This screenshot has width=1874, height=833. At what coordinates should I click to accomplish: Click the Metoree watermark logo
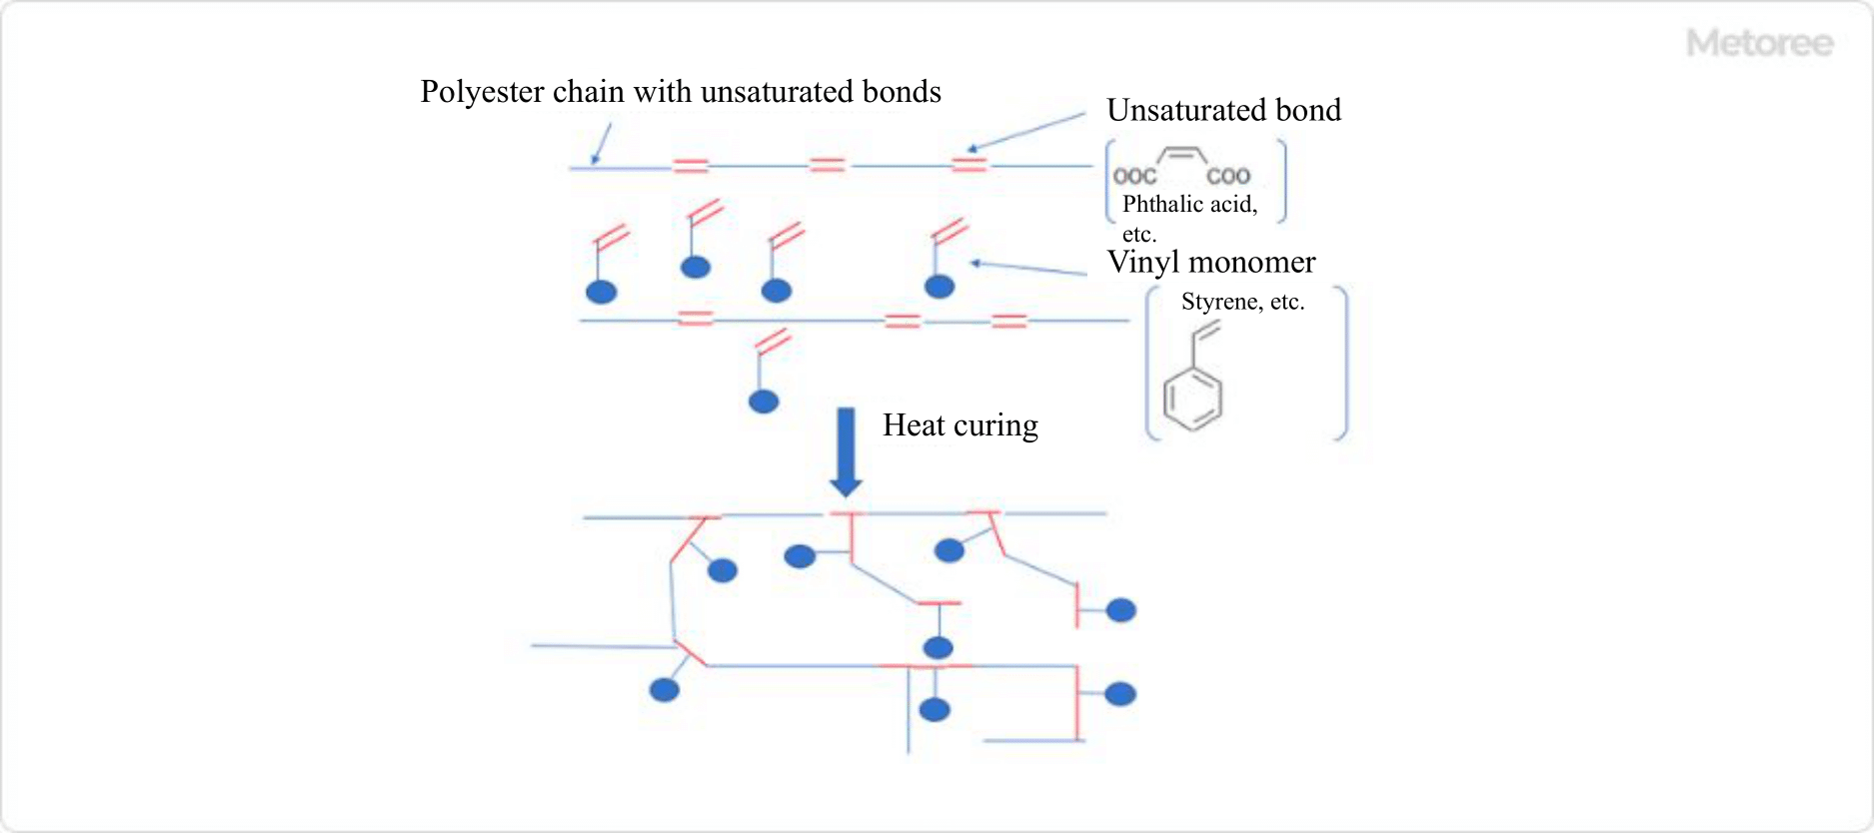click(x=1759, y=43)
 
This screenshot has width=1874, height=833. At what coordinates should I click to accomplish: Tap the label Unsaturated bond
click(x=1223, y=110)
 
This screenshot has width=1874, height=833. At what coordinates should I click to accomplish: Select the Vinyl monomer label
click(x=1211, y=262)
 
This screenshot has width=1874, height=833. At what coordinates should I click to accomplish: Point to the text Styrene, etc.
click(x=1242, y=302)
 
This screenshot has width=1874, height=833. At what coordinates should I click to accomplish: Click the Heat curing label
click(x=959, y=425)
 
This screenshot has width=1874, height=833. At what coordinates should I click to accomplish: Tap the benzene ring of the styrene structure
click(x=1191, y=399)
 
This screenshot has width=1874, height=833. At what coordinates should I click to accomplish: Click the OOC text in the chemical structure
click(x=1134, y=177)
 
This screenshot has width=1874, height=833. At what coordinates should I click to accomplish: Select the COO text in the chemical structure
click(x=1228, y=177)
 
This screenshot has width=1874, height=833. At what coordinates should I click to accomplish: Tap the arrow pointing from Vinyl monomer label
click(x=1028, y=268)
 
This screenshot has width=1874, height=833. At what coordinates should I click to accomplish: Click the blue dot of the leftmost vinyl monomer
click(x=601, y=292)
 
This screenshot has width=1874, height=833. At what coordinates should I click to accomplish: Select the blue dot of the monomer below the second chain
click(x=764, y=402)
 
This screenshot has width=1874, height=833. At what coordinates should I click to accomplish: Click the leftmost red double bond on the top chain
click(x=691, y=166)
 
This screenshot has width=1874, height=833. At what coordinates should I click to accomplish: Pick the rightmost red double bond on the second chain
click(x=1008, y=321)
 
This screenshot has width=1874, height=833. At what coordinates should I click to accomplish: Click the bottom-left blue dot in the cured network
click(x=664, y=689)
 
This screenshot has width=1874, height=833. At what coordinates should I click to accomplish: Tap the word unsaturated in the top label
click(x=779, y=92)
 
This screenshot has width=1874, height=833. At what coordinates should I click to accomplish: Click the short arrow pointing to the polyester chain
click(x=601, y=144)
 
